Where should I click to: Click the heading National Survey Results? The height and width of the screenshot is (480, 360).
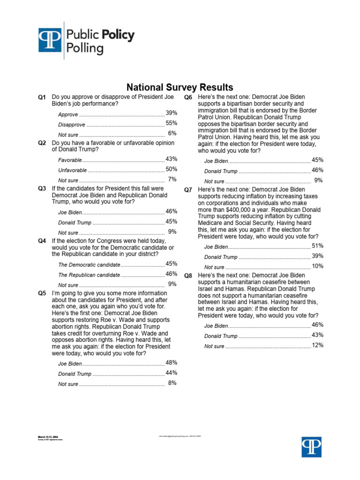180,87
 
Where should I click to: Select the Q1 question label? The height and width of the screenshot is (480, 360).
42,97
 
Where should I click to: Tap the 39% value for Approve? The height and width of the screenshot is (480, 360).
171,113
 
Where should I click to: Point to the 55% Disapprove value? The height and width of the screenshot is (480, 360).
171,123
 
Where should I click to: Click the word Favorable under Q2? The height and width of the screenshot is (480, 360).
70,160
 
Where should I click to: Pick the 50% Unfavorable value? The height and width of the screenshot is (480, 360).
171,169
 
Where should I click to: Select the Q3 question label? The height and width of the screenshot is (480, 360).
42,188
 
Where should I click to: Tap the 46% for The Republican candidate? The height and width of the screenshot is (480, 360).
171,274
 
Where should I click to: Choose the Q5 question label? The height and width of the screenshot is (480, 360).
42,293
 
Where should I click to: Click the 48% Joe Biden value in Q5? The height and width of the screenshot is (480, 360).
171,362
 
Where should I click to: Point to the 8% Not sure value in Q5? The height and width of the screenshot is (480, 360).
172,383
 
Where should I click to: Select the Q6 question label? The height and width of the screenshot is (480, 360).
188,97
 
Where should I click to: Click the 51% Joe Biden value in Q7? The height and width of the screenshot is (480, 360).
317,246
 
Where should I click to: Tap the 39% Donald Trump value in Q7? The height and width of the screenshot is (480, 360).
317,256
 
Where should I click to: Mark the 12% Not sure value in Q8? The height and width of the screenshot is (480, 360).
317,345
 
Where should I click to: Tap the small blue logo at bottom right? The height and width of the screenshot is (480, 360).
311,447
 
